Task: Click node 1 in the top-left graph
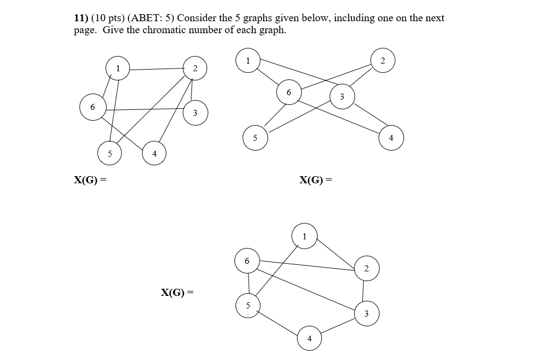(117, 68)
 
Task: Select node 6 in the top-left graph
(92, 107)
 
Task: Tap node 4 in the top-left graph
(154, 154)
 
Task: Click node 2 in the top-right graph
(382, 60)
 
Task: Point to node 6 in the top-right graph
(288, 92)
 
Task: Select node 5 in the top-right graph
(255, 138)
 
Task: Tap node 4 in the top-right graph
(391, 138)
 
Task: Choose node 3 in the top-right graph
(342, 97)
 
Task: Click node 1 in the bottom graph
(305, 236)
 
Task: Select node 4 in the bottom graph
(309, 339)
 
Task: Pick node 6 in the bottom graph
(247, 261)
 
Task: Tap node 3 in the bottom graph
(366, 313)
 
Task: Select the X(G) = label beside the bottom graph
(177, 293)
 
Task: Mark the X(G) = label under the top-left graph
(90, 179)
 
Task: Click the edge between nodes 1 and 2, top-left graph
(156, 69)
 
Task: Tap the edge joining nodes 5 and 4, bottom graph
(278, 322)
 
